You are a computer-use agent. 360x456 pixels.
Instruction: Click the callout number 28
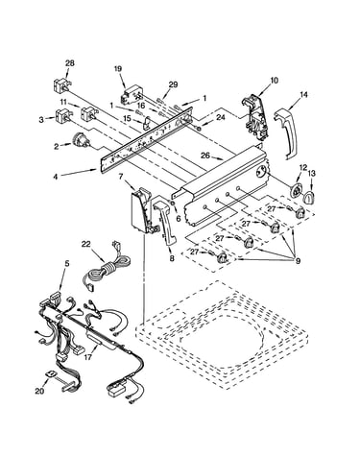[70, 63]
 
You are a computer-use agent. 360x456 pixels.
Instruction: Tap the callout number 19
[118, 68]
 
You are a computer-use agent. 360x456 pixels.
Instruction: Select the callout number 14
[303, 95]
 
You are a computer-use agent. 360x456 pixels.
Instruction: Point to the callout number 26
[205, 156]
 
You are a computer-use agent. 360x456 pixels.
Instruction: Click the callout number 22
[86, 245]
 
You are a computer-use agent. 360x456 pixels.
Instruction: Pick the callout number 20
[39, 391]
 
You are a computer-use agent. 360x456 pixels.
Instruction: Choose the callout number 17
[86, 356]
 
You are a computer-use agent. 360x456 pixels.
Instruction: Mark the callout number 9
[298, 261]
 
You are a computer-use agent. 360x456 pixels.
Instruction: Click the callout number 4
[56, 177]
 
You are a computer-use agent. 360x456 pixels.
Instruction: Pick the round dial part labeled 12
[296, 192]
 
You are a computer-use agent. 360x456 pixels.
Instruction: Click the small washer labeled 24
[199, 129]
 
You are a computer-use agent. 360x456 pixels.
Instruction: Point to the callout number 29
[173, 84]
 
